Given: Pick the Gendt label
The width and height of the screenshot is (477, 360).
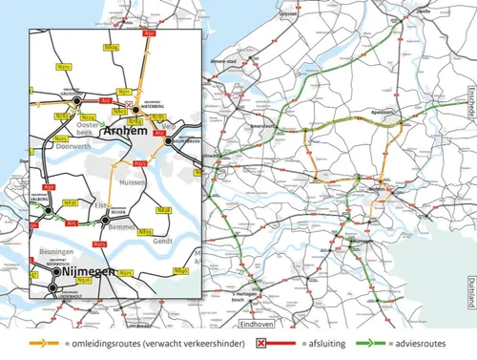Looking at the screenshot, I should [x=165, y=242].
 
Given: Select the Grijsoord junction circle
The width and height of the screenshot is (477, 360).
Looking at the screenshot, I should [x=77, y=98].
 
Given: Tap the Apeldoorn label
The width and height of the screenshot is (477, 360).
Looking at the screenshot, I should [x=384, y=111].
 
